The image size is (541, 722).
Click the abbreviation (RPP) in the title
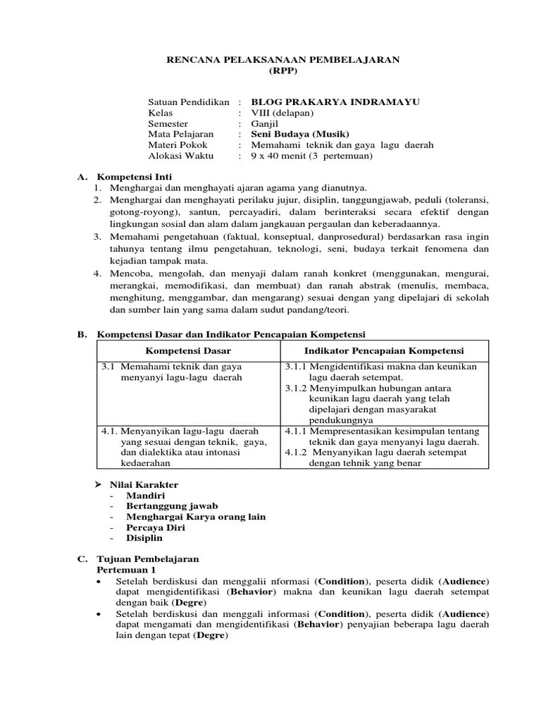pyautogui.click(x=283, y=71)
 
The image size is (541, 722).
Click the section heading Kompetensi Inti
pyautogui.click(x=134, y=176)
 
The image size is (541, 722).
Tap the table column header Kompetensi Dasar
pyautogui.click(x=188, y=350)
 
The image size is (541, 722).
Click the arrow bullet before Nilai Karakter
pyautogui.click(x=99, y=485)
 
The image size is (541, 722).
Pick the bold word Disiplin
pyautogui.click(x=144, y=538)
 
